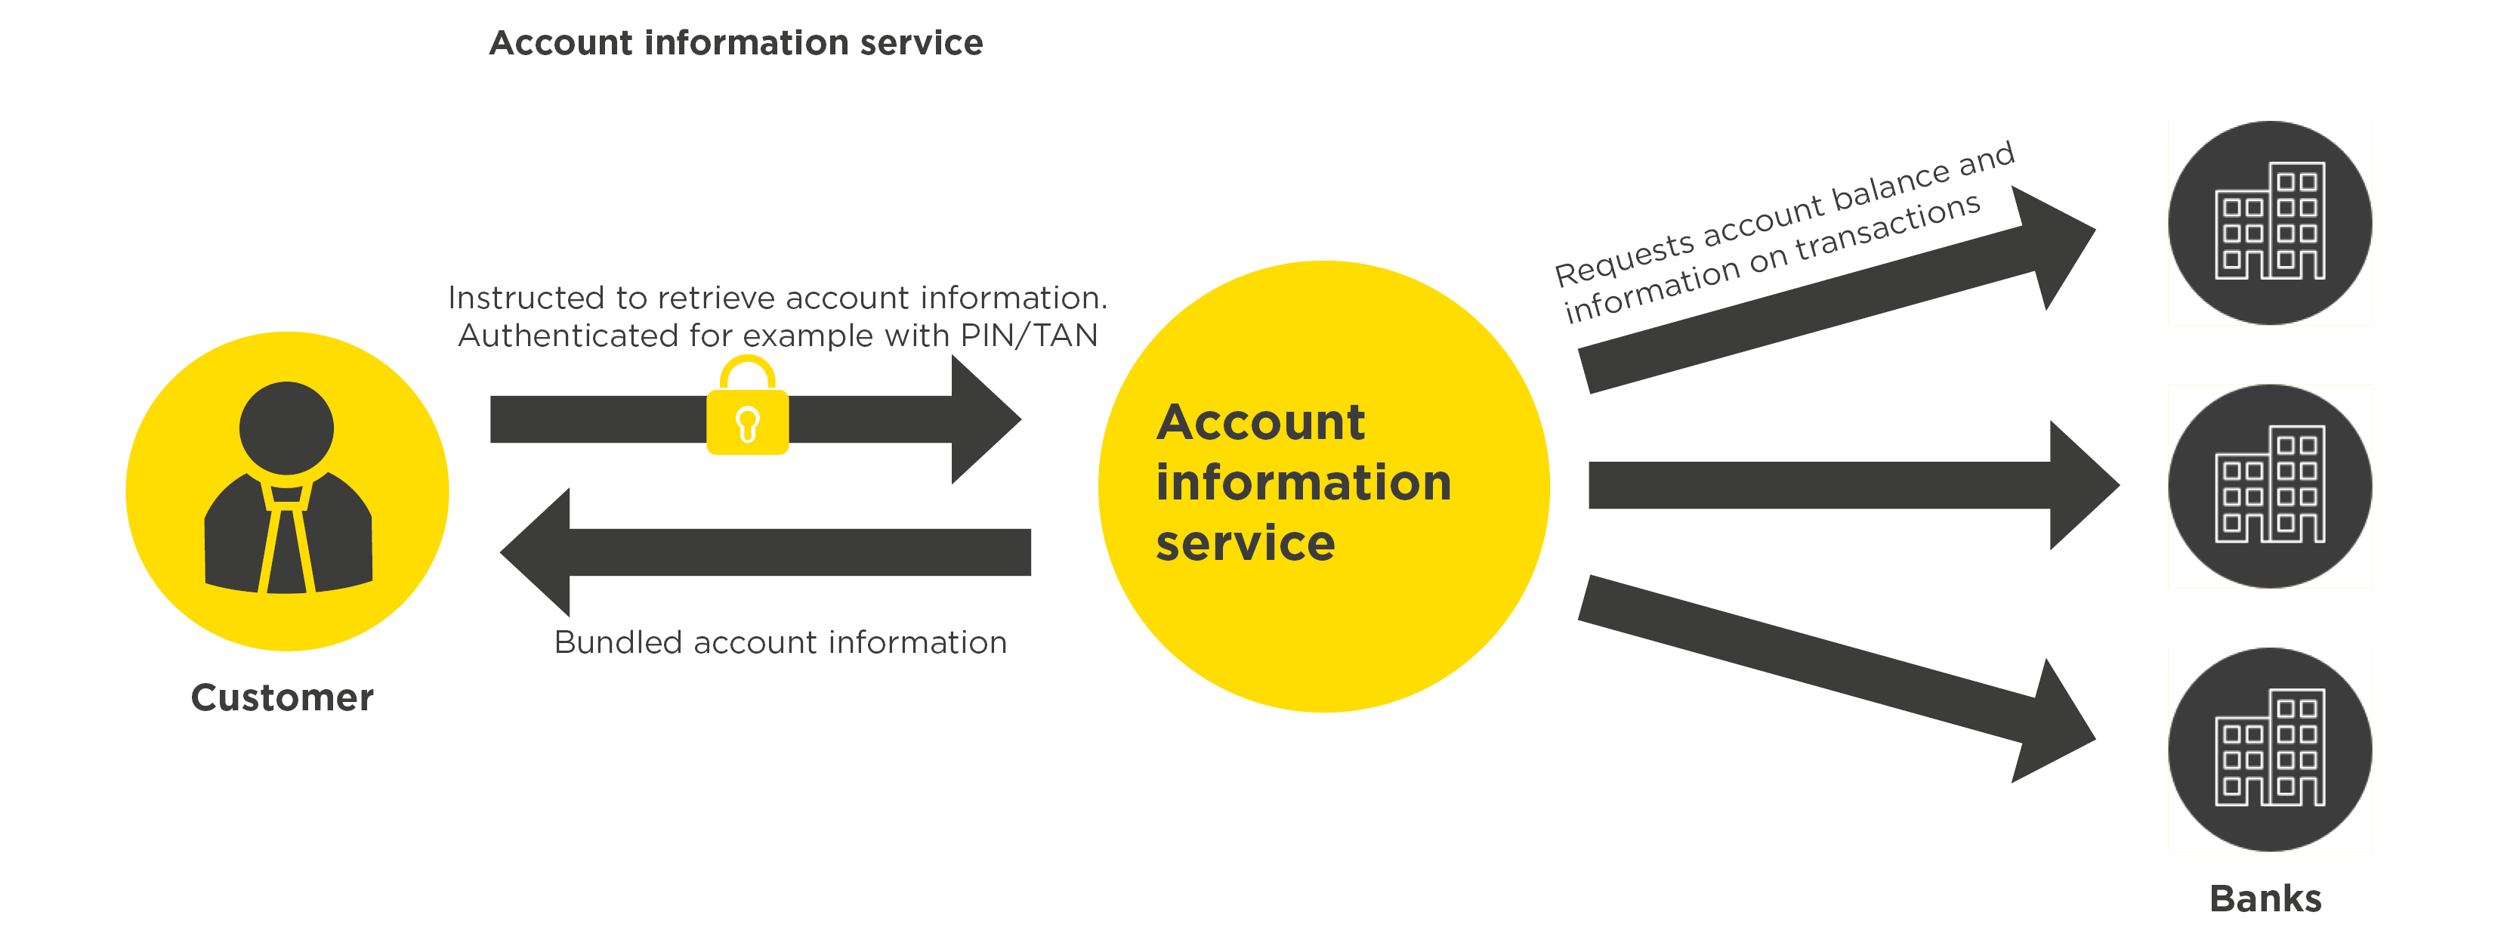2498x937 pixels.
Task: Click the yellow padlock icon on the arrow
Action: tap(747, 417)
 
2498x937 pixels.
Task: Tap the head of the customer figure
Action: tap(286, 427)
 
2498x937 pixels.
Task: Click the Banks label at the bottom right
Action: tap(2265, 898)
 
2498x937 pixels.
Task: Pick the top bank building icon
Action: tap(2269, 223)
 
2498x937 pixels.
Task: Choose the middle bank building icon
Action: tap(2269, 486)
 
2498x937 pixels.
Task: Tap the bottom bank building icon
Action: tap(2269, 750)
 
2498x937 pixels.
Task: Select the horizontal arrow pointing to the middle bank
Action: tap(1842, 485)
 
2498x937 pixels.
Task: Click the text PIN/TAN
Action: tap(1029, 336)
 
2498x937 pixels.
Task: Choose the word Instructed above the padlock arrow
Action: tap(526, 298)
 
